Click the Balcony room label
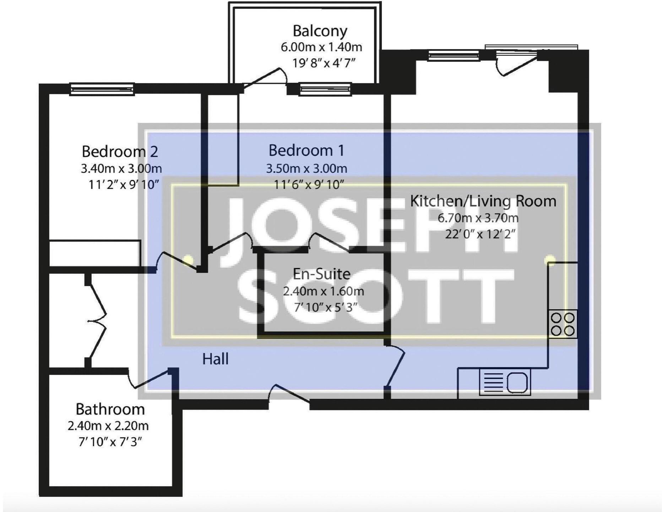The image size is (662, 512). pyautogui.click(x=320, y=31)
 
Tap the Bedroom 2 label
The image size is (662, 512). pyautogui.click(x=120, y=152)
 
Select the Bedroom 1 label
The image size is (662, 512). pyautogui.click(x=306, y=150)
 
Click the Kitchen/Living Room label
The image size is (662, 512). pyautogui.click(x=483, y=201)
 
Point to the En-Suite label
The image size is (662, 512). pyautogui.click(x=321, y=274)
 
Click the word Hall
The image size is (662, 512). pyautogui.click(x=215, y=359)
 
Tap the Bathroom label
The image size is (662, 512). pyautogui.click(x=110, y=409)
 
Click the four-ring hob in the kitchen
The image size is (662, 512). pyautogui.click(x=563, y=324)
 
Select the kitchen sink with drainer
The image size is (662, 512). pyautogui.click(x=505, y=382)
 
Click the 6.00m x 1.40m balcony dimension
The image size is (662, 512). pyautogui.click(x=321, y=47)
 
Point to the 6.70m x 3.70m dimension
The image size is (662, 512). pyautogui.click(x=478, y=218)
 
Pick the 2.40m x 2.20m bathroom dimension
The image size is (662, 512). pyautogui.click(x=108, y=426)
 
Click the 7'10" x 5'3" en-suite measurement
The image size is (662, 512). pyautogui.click(x=325, y=307)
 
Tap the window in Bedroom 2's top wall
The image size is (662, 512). pyautogui.click(x=102, y=89)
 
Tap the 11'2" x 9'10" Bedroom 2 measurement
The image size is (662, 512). pyautogui.click(x=123, y=185)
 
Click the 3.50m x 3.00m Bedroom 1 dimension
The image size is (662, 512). pyautogui.click(x=306, y=168)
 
